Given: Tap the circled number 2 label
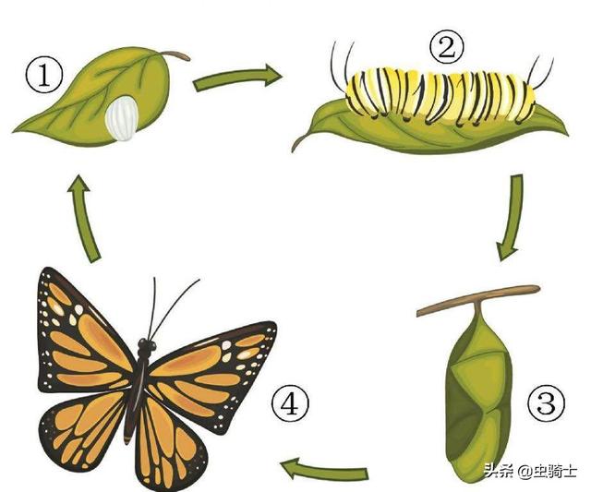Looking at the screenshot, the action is coord(447,49).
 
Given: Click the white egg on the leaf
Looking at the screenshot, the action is coord(122,118).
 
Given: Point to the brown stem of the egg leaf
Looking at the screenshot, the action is coord(176,55).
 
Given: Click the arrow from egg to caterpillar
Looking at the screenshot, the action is coord(237,78).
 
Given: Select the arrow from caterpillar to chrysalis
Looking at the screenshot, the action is coord(514,217).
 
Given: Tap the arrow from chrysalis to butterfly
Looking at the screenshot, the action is coord(324,470).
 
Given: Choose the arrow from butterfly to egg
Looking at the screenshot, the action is coord(85,219).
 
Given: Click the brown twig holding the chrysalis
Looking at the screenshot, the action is coord(478,300).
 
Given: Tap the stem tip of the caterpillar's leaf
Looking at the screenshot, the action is coord(294,151).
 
